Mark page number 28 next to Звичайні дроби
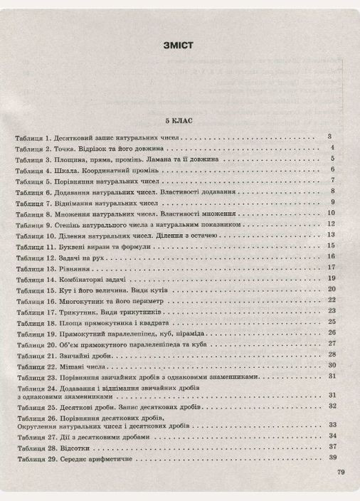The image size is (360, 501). pos(332,354)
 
